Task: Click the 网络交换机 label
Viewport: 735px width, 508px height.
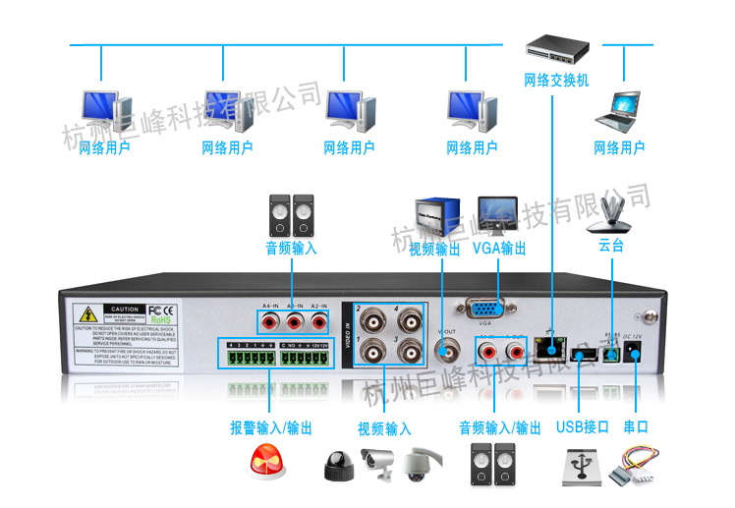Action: point(556,81)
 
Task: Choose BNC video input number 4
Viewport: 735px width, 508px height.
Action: point(407,321)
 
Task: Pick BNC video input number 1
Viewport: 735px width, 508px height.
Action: point(374,352)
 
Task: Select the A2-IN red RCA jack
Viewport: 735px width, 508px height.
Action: point(317,321)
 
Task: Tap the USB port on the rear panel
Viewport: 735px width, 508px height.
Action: point(584,355)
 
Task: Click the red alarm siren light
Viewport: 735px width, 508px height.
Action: point(268,464)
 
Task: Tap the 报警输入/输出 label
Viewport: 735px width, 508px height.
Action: point(271,428)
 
